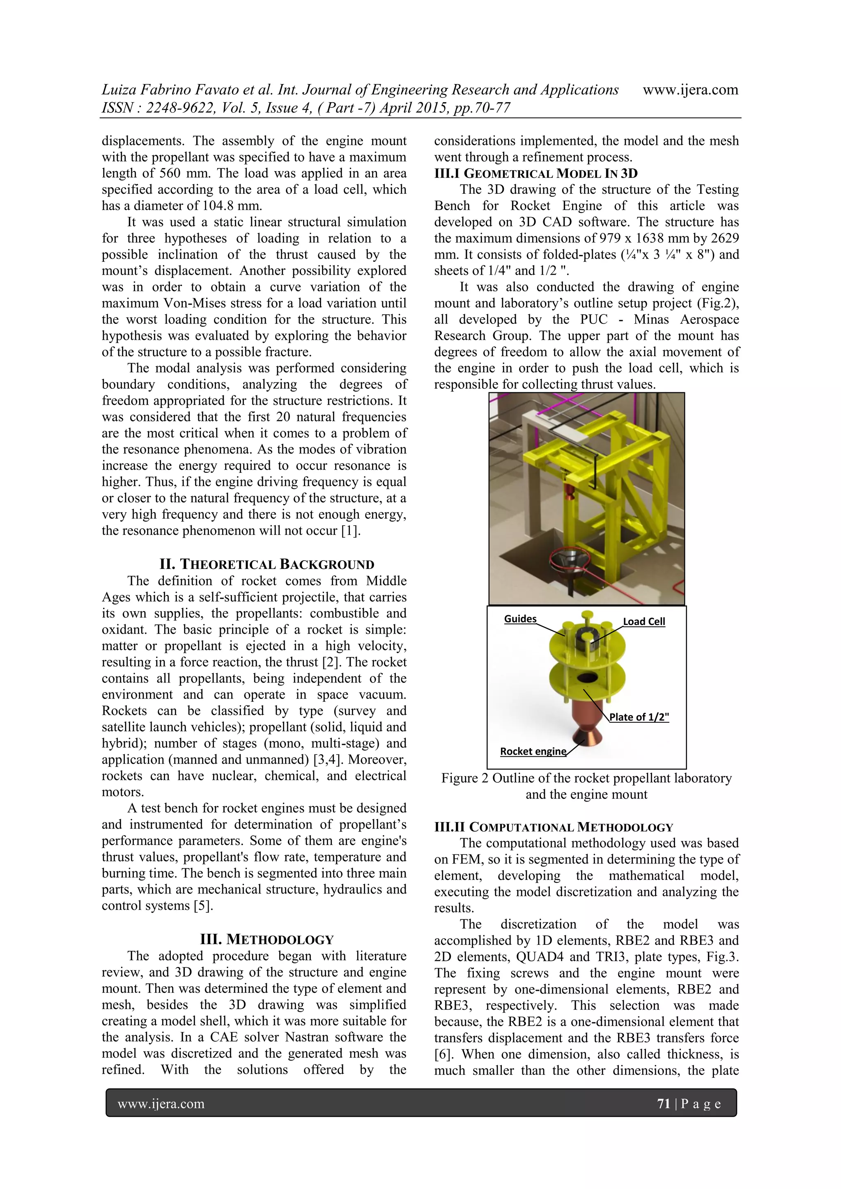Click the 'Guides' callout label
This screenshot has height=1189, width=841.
coord(520,619)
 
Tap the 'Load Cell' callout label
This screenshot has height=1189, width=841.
coord(643,621)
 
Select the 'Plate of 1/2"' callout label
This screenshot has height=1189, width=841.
coord(639,717)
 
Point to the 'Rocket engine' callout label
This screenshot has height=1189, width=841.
coord(533,751)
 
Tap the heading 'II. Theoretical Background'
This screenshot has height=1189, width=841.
coord(267,564)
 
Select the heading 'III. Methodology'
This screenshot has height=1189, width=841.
coord(267,939)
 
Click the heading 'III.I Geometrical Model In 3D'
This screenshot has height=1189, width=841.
coord(536,174)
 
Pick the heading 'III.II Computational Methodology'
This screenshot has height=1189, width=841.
coord(554,827)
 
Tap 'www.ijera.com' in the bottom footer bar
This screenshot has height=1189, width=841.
coord(161,1104)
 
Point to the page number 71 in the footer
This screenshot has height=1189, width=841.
coord(663,1104)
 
